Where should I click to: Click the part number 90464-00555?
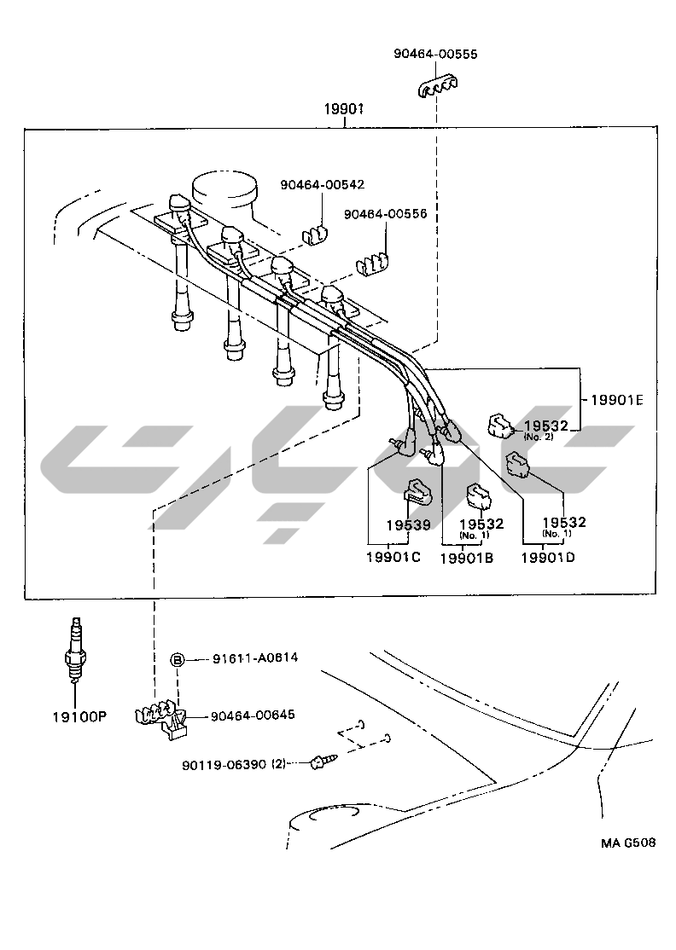click(435, 54)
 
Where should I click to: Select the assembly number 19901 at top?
click(344, 110)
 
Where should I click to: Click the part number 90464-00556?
click(385, 215)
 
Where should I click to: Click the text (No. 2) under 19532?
click(539, 437)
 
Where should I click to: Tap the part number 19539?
click(407, 524)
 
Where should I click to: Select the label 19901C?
click(393, 557)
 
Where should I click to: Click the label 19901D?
click(548, 557)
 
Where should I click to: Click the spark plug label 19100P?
click(77, 716)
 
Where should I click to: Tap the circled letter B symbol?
click(178, 659)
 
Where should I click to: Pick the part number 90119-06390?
click(224, 765)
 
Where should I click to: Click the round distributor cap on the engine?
click(226, 189)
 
